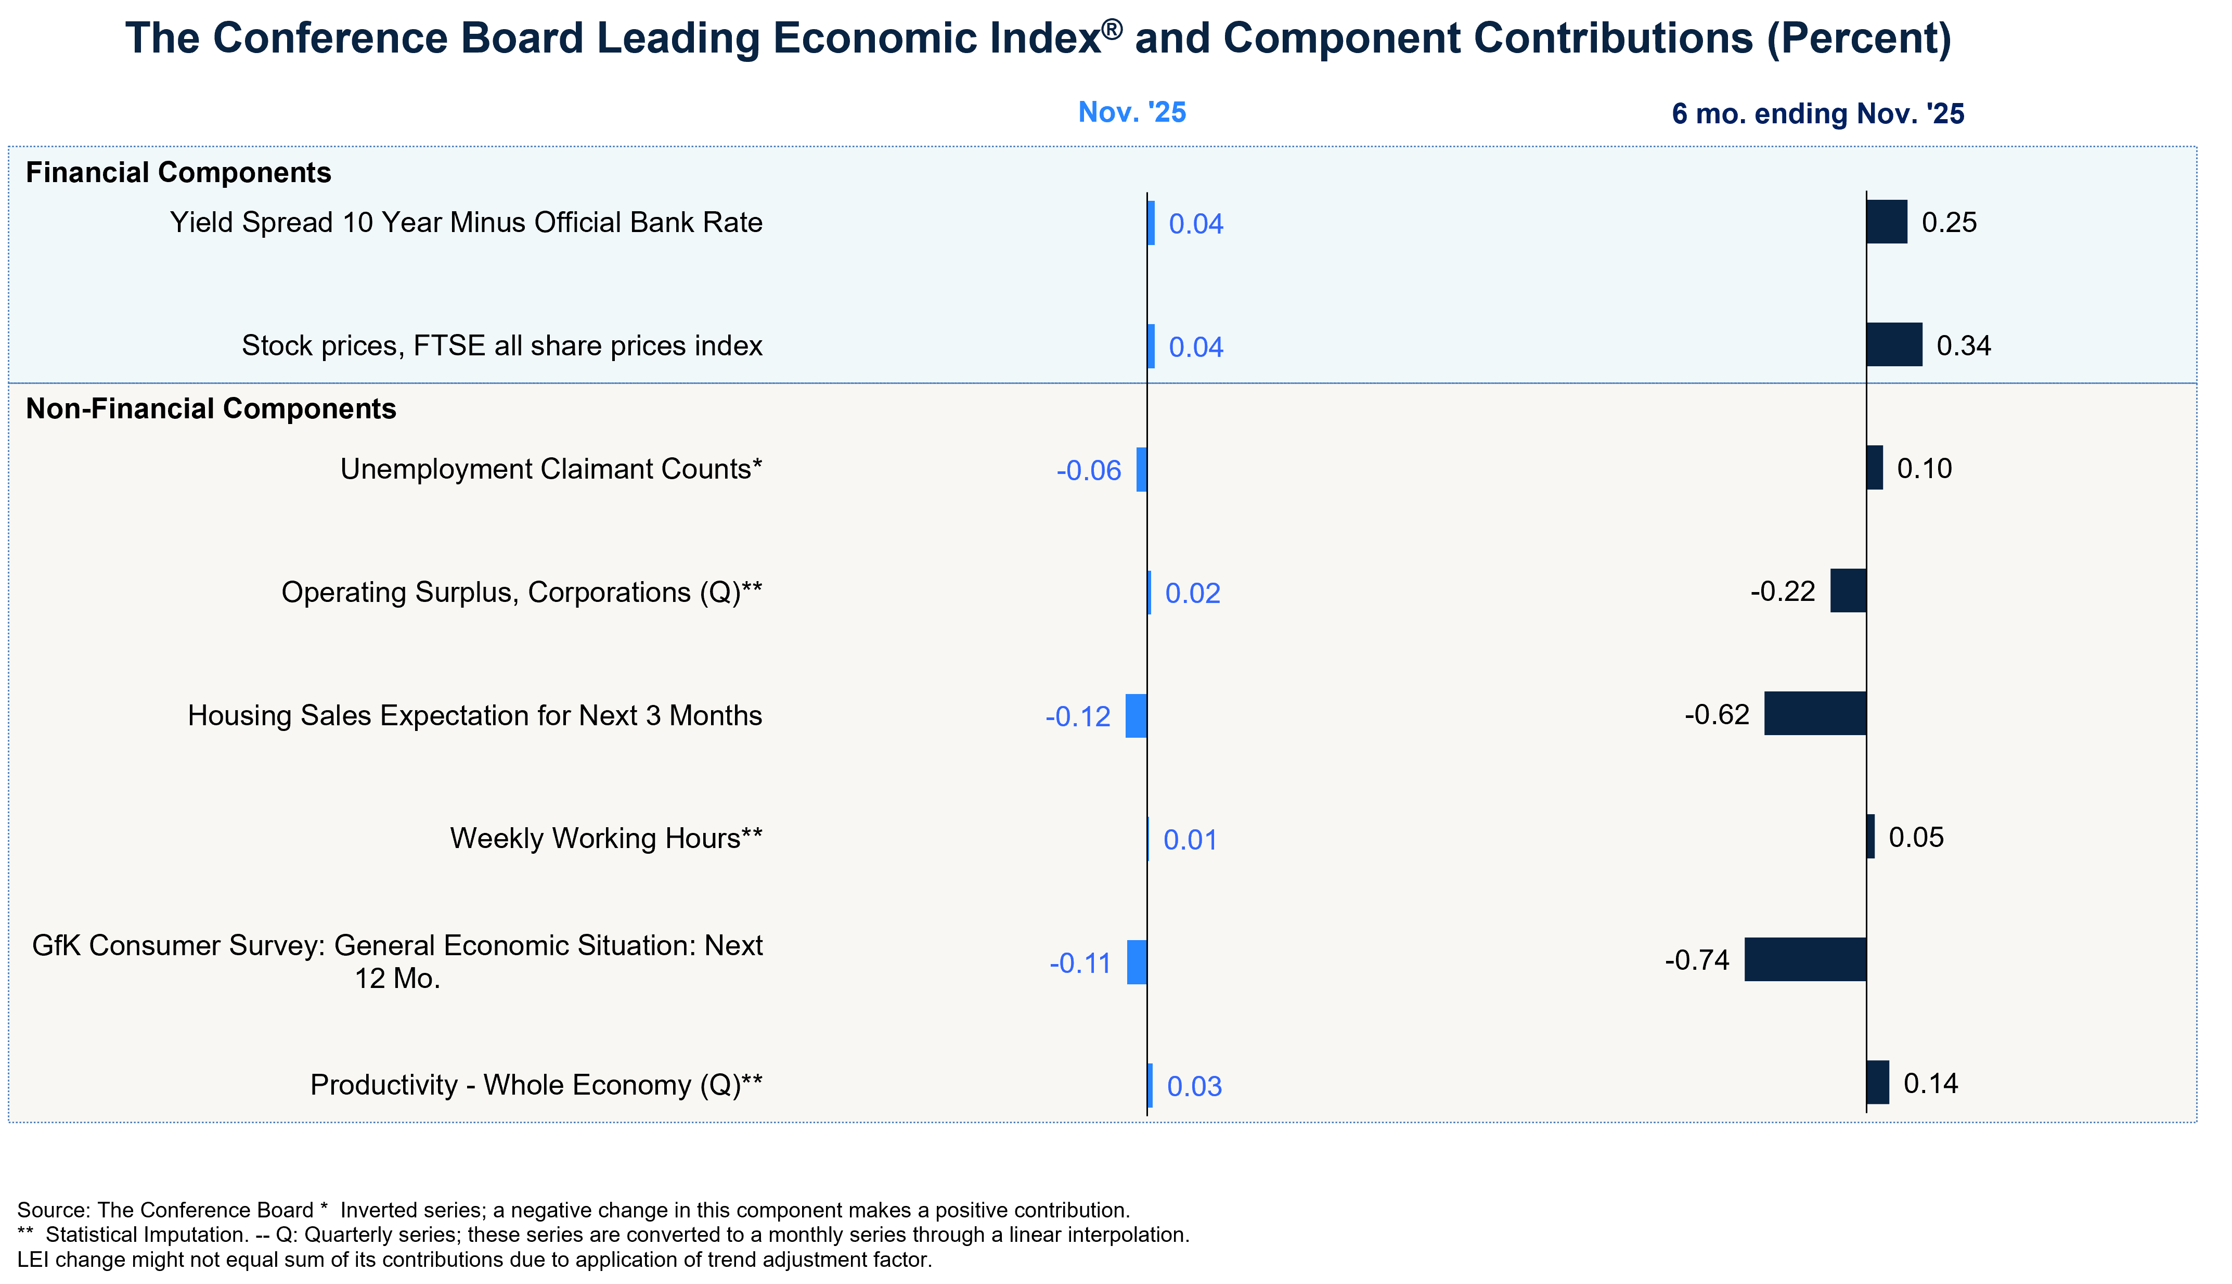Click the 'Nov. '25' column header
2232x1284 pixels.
(1132, 113)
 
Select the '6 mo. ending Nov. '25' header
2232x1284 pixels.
(1817, 114)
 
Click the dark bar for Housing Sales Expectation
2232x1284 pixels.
(1815, 713)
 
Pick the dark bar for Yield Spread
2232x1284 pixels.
(1887, 222)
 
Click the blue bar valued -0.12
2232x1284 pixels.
(1136, 716)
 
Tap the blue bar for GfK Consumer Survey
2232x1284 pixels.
(1137, 962)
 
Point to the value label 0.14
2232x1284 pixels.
(1930, 1084)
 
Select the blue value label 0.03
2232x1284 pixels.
(1194, 1086)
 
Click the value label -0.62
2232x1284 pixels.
(1717, 714)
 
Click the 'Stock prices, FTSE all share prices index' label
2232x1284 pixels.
(501, 345)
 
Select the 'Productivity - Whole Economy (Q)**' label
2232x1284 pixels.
(536, 1085)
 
